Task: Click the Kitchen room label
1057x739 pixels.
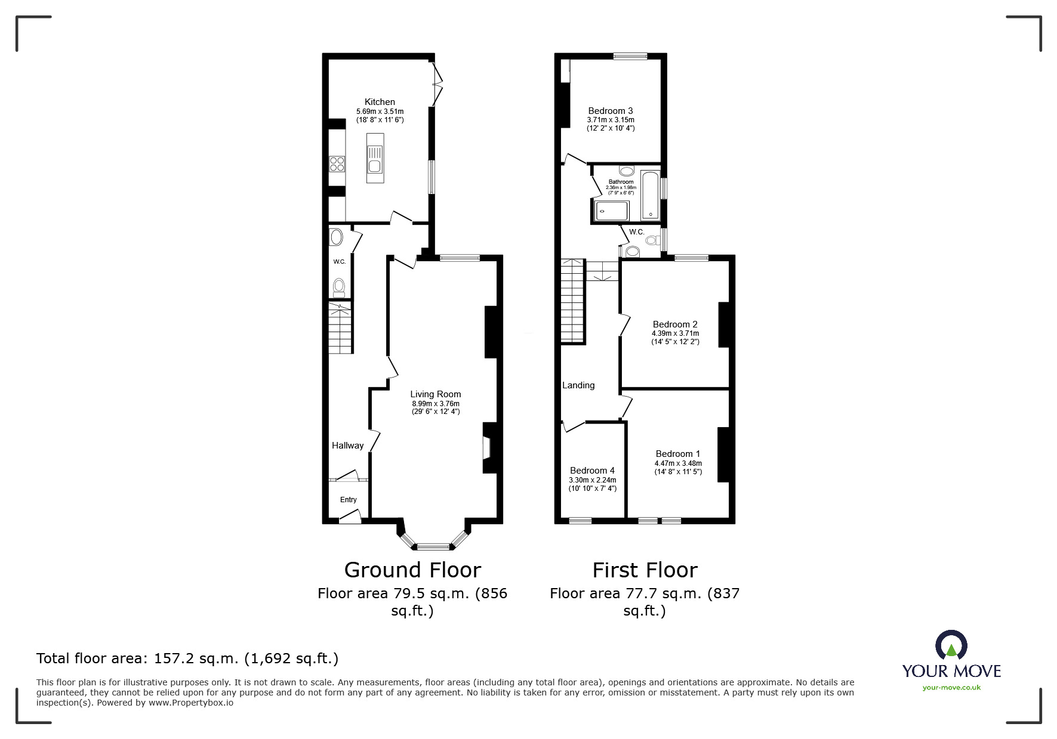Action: pyautogui.click(x=380, y=102)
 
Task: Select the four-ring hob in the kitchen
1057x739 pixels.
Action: pyautogui.click(x=337, y=163)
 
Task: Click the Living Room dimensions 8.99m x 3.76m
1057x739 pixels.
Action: pyautogui.click(x=435, y=404)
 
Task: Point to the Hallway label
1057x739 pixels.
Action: pyautogui.click(x=347, y=446)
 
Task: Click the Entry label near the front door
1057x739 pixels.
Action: pyautogui.click(x=349, y=500)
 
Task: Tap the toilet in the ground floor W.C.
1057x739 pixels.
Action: pyautogui.click(x=339, y=287)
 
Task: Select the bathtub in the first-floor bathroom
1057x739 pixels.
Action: pyautogui.click(x=649, y=195)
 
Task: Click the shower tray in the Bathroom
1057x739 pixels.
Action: pyautogui.click(x=612, y=211)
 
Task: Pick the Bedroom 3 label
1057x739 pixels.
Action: pyautogui.click(x=610, y=111)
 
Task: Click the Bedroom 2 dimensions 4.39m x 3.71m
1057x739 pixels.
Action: pyautogui.click(x=675, y=333)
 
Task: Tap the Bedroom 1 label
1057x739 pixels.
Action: pyautogui.click(x=677, y=454)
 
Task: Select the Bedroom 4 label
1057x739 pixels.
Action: pyautogui.click(x=592, y=471)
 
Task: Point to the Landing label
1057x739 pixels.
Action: pyautogui.click(x=578, y=385)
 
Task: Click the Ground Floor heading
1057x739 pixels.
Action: pyautogui.click(x=412, y=570)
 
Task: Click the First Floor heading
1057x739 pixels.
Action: pyautogui.click(x=645, y=570)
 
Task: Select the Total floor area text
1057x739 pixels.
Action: pyautogui.click(x=187, y=658)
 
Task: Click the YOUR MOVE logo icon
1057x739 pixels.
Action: pyautogui.click(x=951, y=646)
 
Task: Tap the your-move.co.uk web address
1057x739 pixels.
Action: pyautogui.click(x=951, y=688)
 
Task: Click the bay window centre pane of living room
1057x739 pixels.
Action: pyautogui.click(x=433, y=546)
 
